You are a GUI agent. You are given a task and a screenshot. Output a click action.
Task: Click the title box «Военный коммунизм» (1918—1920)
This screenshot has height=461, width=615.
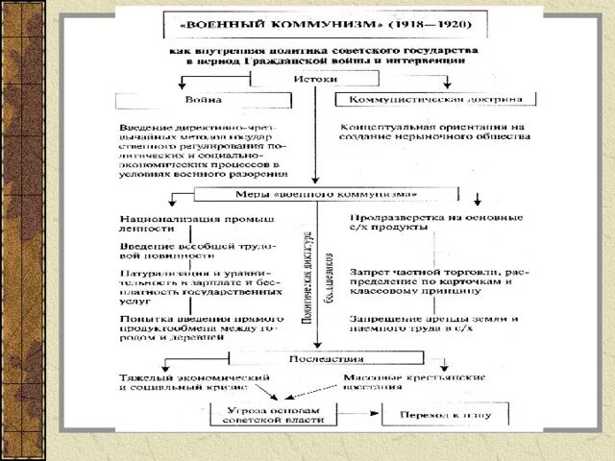pos(313,23)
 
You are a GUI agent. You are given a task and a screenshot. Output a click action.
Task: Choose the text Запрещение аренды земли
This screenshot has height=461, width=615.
pos(434,324)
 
